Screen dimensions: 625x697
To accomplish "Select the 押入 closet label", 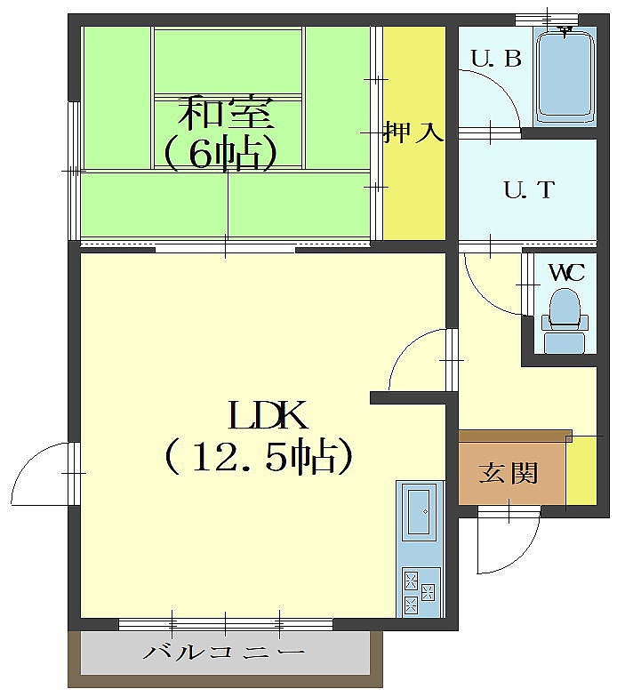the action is pyautogui.click(x=414, y=132).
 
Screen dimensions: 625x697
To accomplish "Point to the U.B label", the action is pyautogui.click(x=496, y=59).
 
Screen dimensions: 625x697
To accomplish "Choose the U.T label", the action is pyautogui.click(x=530, y=190).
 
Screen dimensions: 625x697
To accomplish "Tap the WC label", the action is pyautogui.click(x=567, y=273).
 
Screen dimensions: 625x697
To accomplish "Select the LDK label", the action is pyautogui.click(x=268, y=415).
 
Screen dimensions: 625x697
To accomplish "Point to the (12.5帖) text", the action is pyautogui.click(x=260, y=457).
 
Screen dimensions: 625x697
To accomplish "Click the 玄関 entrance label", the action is pyautogui.click(x=509, y=473).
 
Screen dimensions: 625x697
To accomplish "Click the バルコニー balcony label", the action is pyautogui.click(x=224, y=653).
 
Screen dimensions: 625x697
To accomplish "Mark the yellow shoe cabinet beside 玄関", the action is pyautogui.click(x=581, y=470).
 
